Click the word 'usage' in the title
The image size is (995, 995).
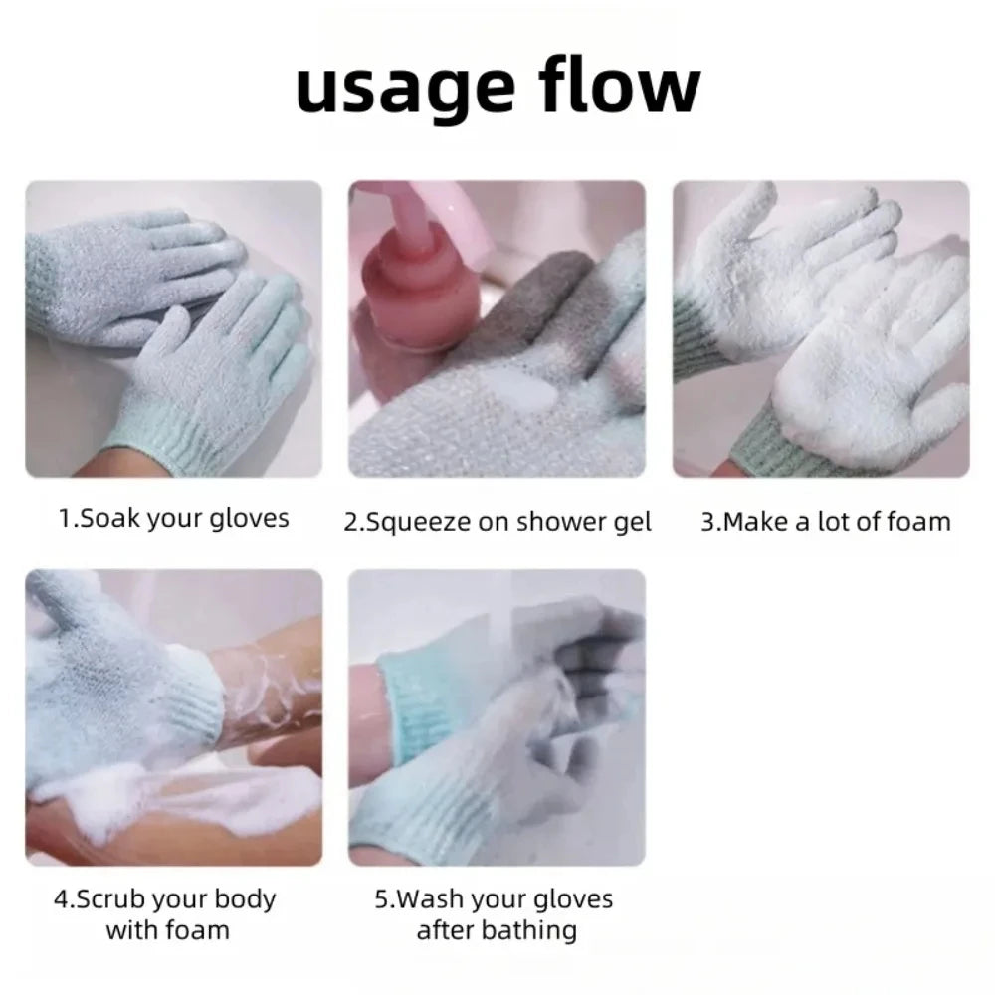coord(405,89)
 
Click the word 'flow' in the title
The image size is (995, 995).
coord(620,84)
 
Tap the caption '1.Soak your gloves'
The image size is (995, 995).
coord(173,519)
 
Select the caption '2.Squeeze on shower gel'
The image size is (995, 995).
coord(497,523)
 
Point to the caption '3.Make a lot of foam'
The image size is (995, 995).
coord(826,522)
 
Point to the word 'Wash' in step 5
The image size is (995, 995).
coord(430,899)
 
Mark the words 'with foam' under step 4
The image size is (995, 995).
coord(167,931)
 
